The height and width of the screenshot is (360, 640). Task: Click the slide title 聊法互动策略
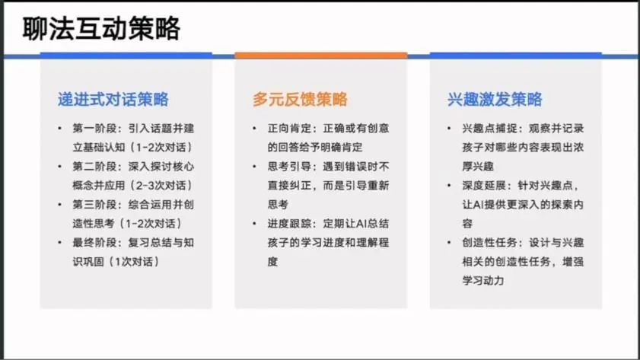pyautogui.click(x=101, y=29)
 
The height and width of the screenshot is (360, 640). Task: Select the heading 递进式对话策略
pyautogui.click(x=113, y=100)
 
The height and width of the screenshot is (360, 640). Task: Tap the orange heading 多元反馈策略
pyautogui.click(x=300, y=100)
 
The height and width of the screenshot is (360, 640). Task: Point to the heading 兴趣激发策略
pyautogui.click(x=495, y=100)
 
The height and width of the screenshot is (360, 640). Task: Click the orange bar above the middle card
pyautogui.click(x=321, y=56)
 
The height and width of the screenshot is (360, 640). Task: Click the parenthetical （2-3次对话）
pyautogui.click(x=161, y=186)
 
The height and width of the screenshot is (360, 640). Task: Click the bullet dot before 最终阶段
pyautogui.click(x=59, y=243)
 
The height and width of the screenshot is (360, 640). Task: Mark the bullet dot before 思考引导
pyautogui.click(x=254, y=167)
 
